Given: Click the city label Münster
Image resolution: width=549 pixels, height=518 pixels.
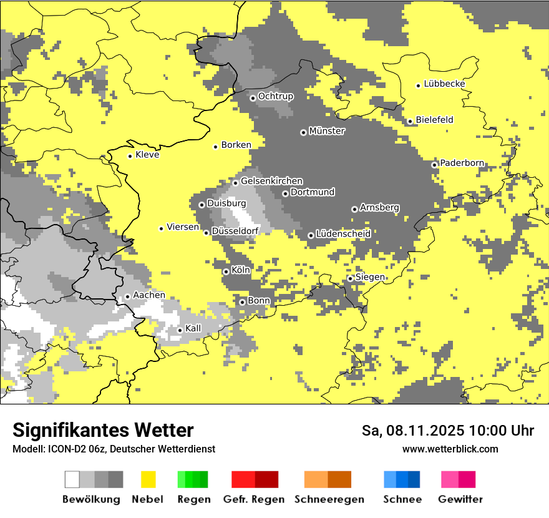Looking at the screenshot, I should tap(327, 131).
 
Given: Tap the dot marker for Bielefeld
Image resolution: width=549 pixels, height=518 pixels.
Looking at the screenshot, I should tap(410, 121).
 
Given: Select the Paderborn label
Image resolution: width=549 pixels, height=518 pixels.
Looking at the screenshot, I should tap(462, 163).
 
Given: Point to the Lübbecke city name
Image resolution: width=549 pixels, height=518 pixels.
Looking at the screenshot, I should tap(444, 84).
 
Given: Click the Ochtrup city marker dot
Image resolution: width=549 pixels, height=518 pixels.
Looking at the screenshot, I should tap(253, 98).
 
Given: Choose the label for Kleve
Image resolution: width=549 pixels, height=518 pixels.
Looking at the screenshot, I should tap(147, 155).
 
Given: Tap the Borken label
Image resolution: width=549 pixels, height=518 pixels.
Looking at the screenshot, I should tap(236, 145).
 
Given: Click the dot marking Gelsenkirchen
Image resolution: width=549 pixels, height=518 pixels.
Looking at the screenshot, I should tap(235, 183).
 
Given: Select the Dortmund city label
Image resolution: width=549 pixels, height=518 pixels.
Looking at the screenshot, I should tap(313, 192).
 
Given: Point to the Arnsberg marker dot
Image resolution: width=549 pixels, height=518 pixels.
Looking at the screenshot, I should tap(354, 209).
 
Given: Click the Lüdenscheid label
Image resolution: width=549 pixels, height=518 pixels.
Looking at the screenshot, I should tap(343, 233).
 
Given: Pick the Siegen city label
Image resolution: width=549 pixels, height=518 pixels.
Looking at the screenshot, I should tap(370, 277).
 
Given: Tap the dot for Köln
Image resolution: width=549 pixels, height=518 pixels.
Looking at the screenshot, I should tap(226, 271).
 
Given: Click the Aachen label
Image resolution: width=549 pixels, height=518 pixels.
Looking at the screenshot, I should tap(149, 295).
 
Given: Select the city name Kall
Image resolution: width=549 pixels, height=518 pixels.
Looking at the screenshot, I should tap(193, 328).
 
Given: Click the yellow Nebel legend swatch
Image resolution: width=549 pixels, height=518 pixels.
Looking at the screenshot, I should tap(148, 479).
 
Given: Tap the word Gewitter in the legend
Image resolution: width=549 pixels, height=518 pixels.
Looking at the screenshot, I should tap(460, 499).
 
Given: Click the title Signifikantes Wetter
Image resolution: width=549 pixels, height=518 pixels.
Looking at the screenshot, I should tap(103, 431).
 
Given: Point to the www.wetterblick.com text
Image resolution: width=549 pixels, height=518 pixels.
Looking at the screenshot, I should tap(450, 449).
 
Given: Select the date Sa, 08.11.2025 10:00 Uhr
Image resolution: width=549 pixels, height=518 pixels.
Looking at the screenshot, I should tap(447, 431).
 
